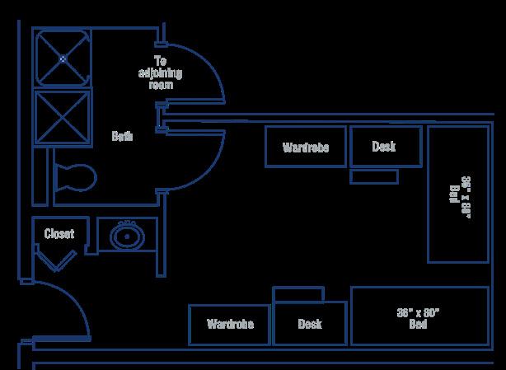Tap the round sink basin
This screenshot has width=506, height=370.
tap(127, 237)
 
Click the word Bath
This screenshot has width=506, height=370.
tap(123, 136)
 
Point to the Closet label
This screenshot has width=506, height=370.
tap(59, 234)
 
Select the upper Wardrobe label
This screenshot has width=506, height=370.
tap(305, 148)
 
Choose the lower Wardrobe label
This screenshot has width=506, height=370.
tap(230, 324)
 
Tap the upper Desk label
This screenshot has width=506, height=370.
tap(384, 147)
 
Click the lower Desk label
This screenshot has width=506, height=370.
tap(310, 324)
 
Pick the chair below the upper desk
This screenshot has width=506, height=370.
tap(373, 176)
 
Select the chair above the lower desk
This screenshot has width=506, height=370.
tap(298, 294)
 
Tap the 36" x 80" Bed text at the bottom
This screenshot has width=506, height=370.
tap(419, 317)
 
